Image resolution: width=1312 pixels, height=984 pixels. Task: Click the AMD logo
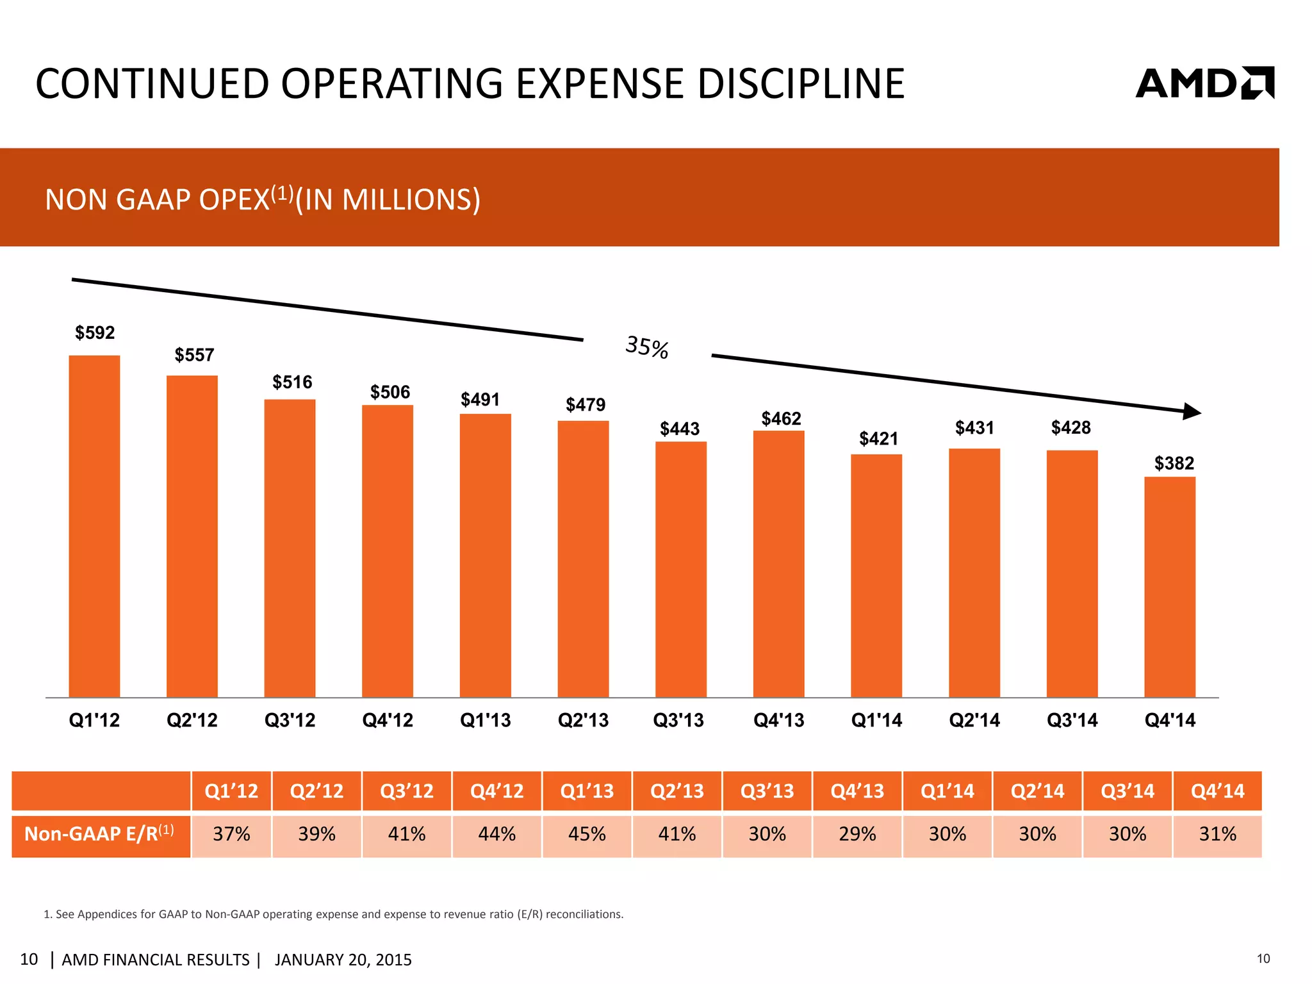(x=1204, y=83)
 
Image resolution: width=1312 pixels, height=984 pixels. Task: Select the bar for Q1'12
(x=94, y=525)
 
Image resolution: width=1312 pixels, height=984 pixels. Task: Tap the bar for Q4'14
(x=1170, y=586)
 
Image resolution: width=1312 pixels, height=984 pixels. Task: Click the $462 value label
(x=781, y=419)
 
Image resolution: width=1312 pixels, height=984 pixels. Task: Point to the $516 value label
(x=292, y=382)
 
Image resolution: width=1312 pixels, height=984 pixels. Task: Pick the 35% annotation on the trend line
(x=647, y=347)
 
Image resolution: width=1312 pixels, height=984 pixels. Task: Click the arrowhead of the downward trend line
(x=1192, y=411)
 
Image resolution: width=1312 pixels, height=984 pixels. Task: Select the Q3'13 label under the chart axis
(x=678, y=720)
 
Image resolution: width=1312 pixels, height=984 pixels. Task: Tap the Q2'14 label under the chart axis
(x=974, y=720)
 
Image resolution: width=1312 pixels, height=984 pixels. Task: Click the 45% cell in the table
(x=587, y=834)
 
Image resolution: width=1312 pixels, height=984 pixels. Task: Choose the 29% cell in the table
(x=857, y=834)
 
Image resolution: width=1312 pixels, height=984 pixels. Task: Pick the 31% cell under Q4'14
(x=1217, y=834)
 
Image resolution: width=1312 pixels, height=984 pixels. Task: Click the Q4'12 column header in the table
(x=496, y=791)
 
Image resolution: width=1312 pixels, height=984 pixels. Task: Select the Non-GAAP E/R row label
(x=99, y=834)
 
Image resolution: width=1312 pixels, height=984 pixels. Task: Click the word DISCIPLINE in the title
(x=801, y=84)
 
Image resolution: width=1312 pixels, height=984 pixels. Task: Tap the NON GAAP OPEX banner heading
(x=263, y=199)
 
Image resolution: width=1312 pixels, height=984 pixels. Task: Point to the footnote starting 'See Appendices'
(x=333, y=914)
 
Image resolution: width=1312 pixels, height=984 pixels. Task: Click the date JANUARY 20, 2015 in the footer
(x=343, y=960)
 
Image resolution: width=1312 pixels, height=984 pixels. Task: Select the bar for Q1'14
(x=876, y=575)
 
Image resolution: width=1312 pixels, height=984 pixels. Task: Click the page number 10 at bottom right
(x=1263, y=959)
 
